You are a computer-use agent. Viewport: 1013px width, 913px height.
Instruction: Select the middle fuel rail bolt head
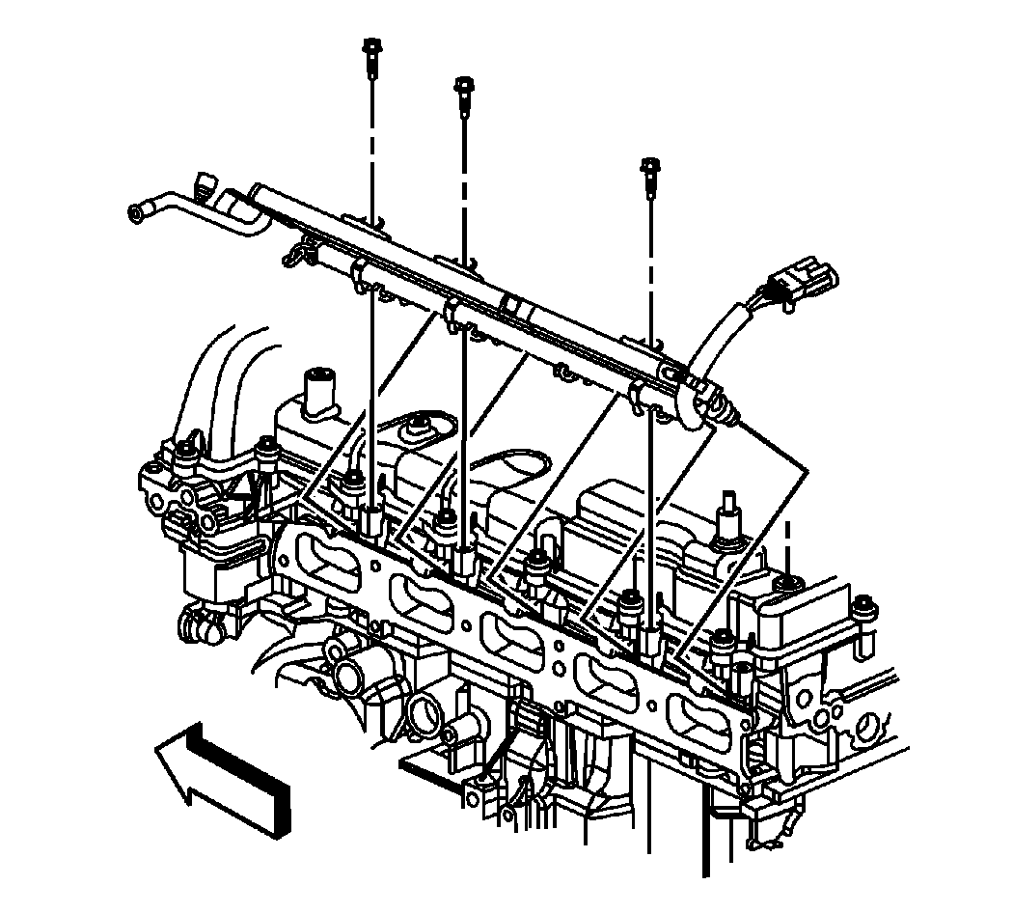click(463, 87)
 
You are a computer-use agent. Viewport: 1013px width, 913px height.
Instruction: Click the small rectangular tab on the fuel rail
click(510, 307)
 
